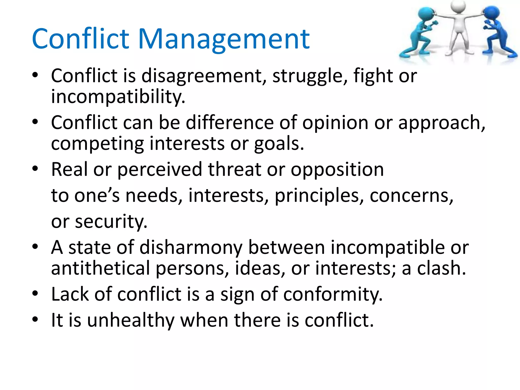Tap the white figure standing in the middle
pyautogui.click(x=460, y=28)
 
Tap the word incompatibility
pyautogui.click(x=118, y=97)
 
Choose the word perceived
pyautogui.click(x=160, y=170)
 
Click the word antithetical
pyautogui.click(x=101, y=268)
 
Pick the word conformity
pyautogui.click(x=333, y=295)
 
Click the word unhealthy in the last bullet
pyautogui.click(x=131, y=320)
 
